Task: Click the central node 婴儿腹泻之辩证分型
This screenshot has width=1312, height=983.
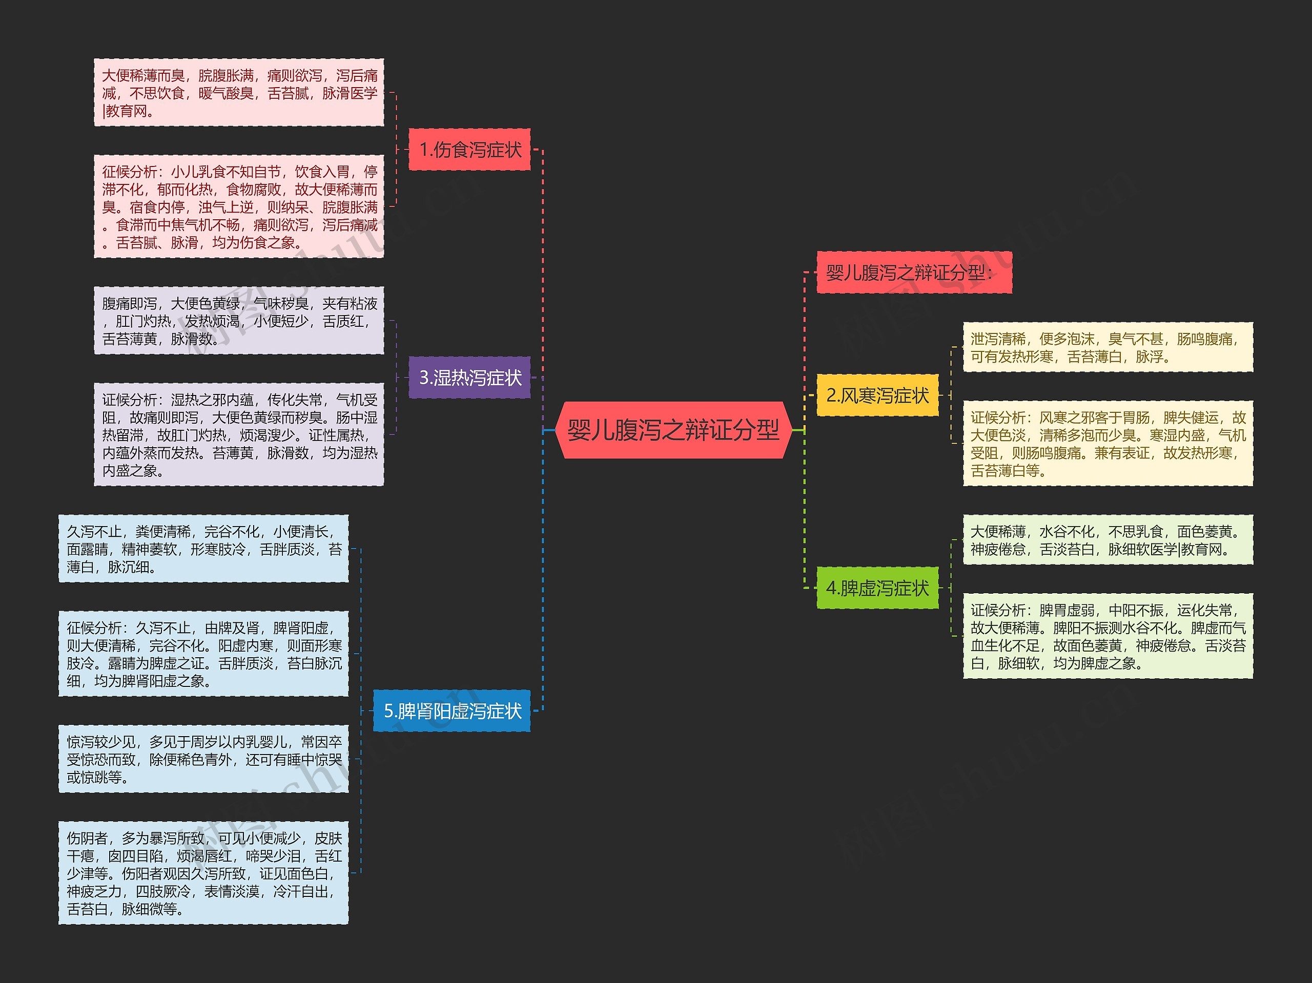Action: click(x=673, y=430)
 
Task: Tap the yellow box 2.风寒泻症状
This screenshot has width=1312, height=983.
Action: click(x=878, y=395)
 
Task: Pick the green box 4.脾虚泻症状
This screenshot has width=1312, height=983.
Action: click(x=878, y=588)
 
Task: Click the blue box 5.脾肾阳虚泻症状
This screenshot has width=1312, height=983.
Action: click(x=452, y=710)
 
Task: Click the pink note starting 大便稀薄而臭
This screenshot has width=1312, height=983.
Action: click(x=239, y=93)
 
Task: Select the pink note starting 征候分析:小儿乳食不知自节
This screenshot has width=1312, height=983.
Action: click(x=239, y=206)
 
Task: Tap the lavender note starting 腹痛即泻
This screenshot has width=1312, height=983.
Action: click(x=239, y=321)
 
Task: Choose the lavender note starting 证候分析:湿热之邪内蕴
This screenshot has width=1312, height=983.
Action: click(x=239, y=434)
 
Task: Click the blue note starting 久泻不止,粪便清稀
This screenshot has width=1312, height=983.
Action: click(x=203, y=549)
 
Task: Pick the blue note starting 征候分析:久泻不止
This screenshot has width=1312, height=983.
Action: click(x=203, y=654)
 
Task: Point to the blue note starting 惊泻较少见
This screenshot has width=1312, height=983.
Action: click(x=203, y=759)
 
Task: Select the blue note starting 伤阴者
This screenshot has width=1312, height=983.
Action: click(x=203, y=873)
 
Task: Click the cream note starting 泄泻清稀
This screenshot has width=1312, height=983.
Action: click(x=1108, y=347)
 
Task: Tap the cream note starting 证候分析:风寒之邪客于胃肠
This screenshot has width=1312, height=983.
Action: click(x=1108, y=444)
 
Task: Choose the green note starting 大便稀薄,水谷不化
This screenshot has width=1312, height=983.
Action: click(x=1108, y=540)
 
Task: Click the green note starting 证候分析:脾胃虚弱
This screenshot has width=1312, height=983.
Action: click(x=1108, y=636)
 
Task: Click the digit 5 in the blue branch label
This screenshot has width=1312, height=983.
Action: click(x=388, y=711)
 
